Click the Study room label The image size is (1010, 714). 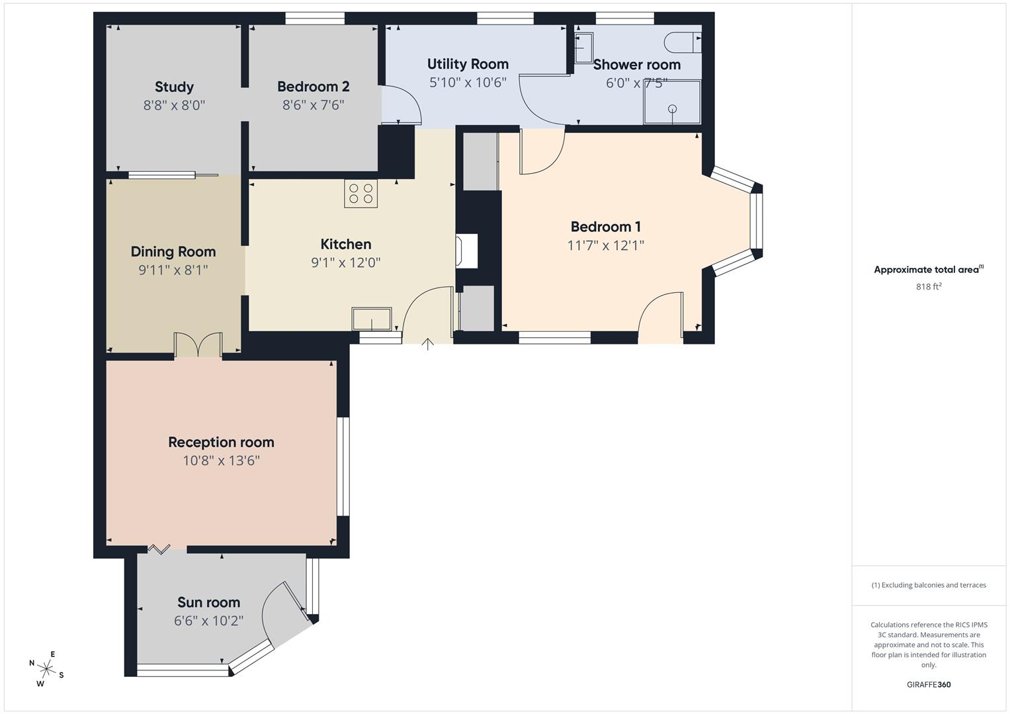(174, 87)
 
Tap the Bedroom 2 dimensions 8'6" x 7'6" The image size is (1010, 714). (313, 104)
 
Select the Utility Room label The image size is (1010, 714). (468, 64)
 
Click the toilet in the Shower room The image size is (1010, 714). (681, 42)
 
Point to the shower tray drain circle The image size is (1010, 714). (673, 109)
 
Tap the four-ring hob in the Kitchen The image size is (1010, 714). (360, 193)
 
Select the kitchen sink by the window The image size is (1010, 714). (371, 319)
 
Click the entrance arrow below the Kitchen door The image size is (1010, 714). (428, 344)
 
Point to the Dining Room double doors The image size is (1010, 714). (198, 344)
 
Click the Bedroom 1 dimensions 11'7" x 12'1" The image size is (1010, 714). (605, 245)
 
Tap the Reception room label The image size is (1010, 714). (221, 442)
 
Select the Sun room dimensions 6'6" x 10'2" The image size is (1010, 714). (208, 621)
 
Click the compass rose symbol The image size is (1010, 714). (46, 668)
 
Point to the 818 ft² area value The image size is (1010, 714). (928, 286)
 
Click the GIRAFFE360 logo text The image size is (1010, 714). (928, 684)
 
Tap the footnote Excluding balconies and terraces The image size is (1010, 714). (928, 585)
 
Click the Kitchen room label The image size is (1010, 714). (345, 244)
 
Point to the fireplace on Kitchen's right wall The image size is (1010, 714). (466, 251)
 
